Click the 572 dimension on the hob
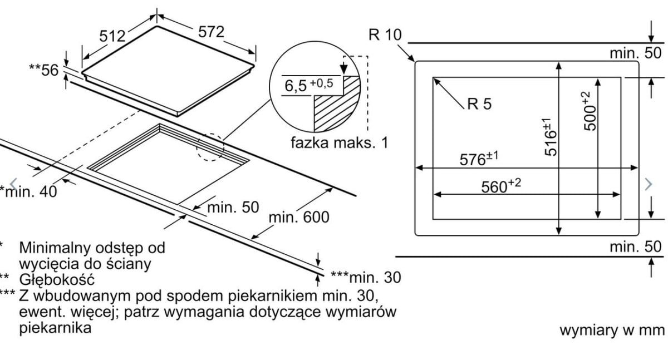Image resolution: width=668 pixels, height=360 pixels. point(211,32)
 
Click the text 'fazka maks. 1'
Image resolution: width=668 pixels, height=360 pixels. point(339,142)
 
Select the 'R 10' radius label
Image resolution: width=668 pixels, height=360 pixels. point(384,35)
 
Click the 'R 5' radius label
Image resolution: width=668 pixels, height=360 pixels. point(479,104)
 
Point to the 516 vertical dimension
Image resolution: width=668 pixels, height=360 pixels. point(550,137)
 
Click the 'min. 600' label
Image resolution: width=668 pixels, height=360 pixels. point(299,216)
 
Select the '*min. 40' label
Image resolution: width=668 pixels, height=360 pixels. point(28,191)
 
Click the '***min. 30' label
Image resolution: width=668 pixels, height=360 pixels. point(365,277)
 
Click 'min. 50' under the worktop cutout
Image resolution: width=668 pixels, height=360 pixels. point(233,208)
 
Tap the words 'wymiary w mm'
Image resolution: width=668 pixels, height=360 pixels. point(612,330)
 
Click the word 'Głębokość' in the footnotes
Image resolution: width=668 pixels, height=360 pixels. point(56,279)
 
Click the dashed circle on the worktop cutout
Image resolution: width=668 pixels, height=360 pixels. point(210,147)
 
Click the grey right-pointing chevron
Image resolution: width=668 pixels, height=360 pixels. point(647,184)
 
